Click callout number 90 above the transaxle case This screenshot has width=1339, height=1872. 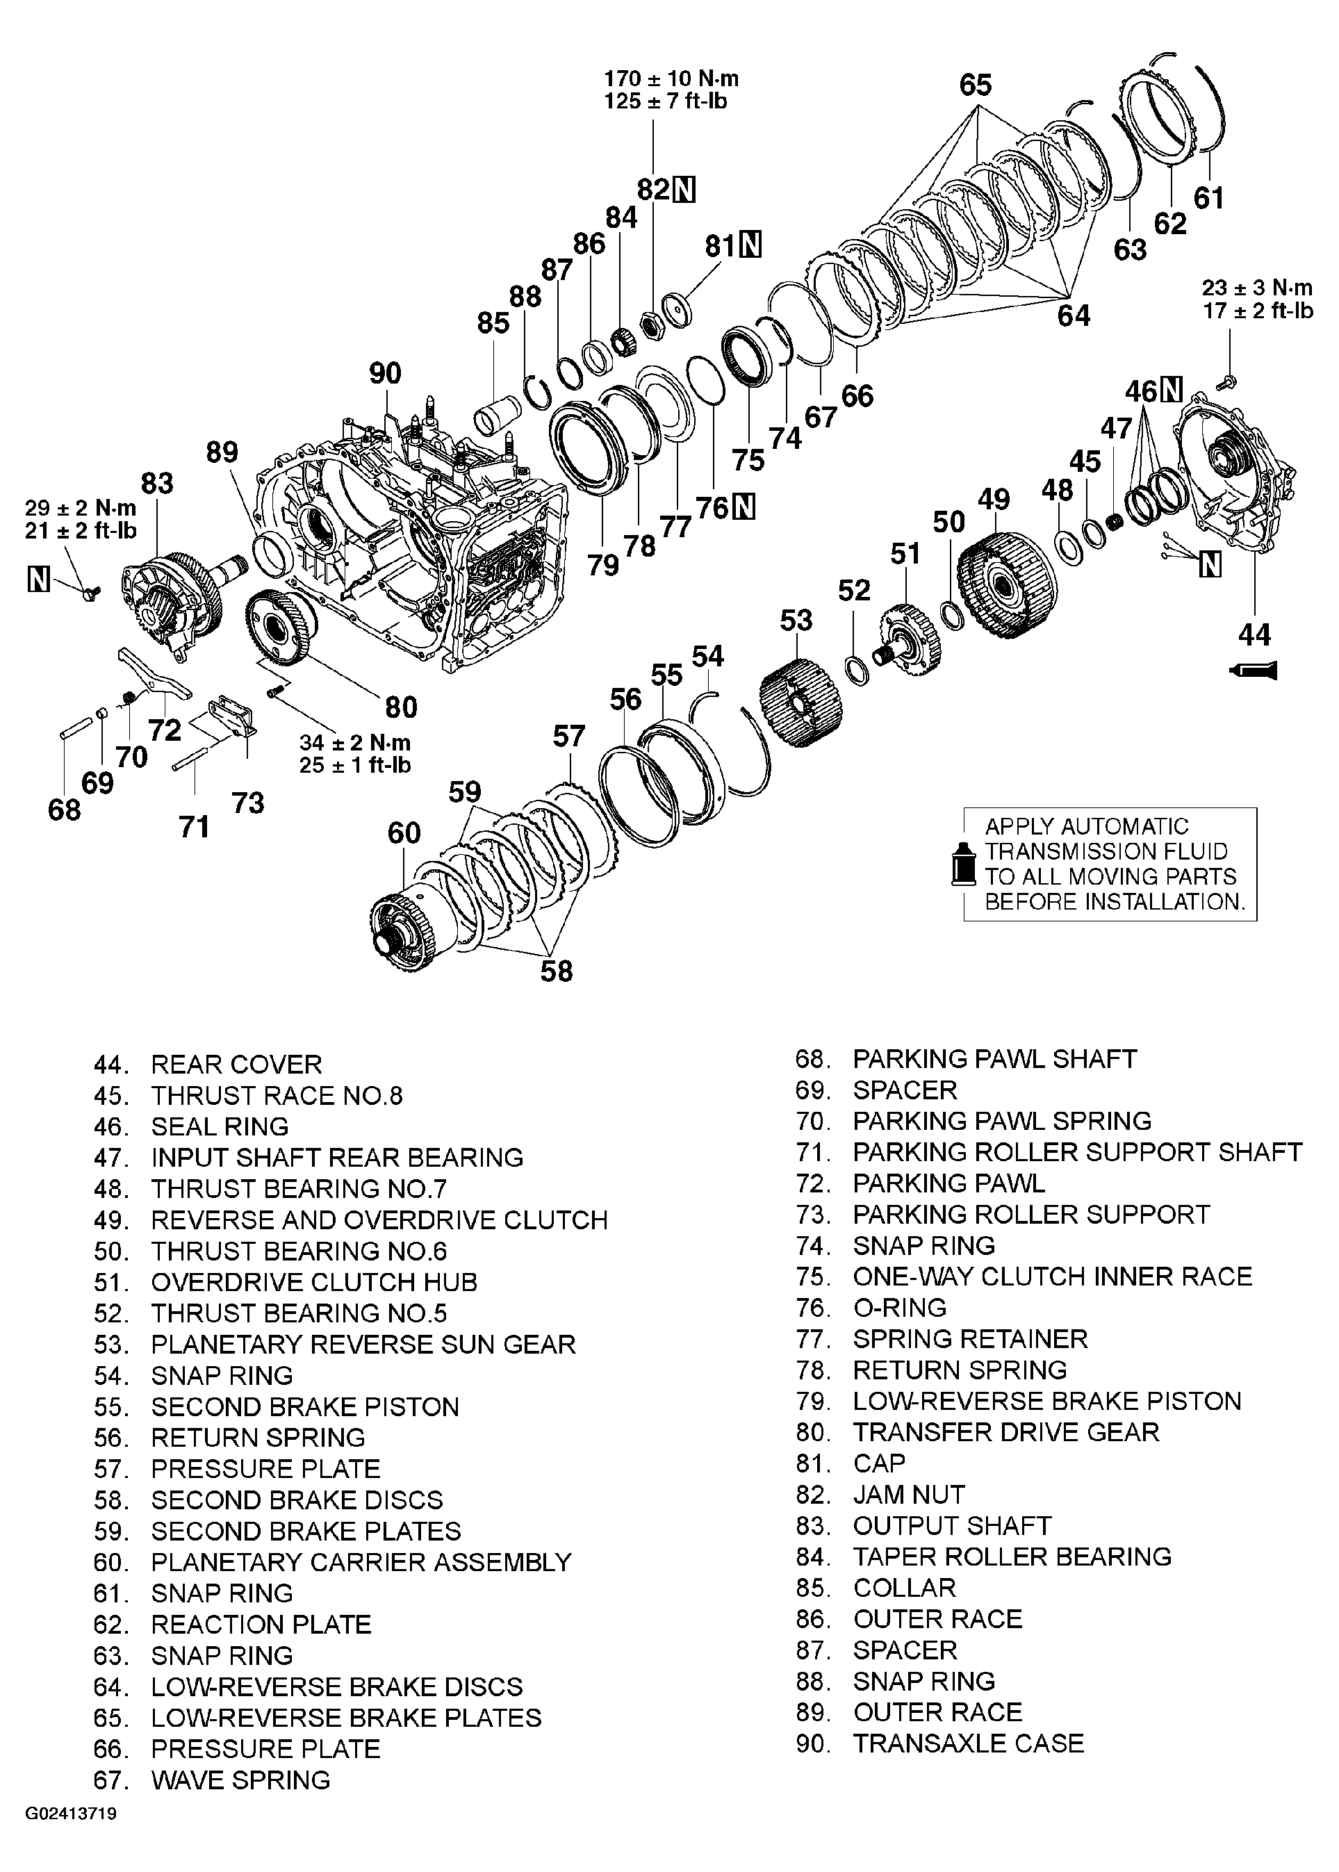[x=384, y=373]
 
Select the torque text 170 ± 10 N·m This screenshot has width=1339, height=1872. [x=671, y=79]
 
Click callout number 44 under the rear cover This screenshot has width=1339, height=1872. [x=1254, y=634]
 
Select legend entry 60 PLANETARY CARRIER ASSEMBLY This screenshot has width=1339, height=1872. [x=332, y=1562]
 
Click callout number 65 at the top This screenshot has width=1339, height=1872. [x=975, y=85]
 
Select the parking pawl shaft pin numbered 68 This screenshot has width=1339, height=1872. [x=75, y=729]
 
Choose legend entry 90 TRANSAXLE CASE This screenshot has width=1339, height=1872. [x=939, y=1743]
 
